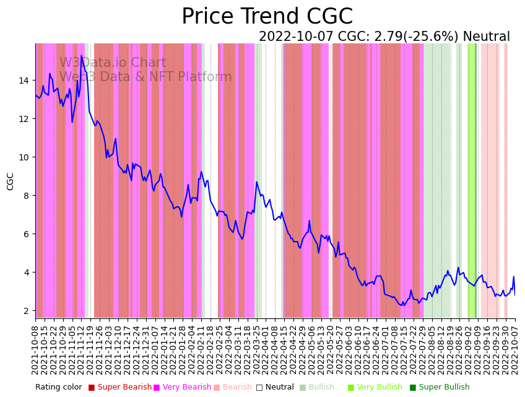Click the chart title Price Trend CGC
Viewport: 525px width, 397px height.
click(267, 17)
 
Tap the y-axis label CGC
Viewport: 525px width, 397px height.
click(11, 181)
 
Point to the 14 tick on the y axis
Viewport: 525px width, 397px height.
click(24, 81)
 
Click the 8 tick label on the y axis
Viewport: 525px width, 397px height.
click(26, 196)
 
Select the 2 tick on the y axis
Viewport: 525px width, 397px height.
click(26, 311)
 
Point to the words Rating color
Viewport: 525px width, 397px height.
click(58, 388)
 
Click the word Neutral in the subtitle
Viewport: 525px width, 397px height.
click(487, 37)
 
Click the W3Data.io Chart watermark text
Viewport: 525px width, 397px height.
click(113, 63)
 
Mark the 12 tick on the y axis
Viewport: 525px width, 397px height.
click(24, 119)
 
